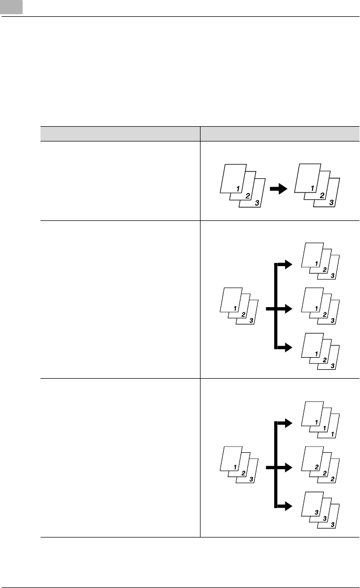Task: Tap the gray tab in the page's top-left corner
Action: (12, 7)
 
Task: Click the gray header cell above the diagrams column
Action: (279, 134)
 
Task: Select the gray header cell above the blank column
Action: (121, 134)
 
